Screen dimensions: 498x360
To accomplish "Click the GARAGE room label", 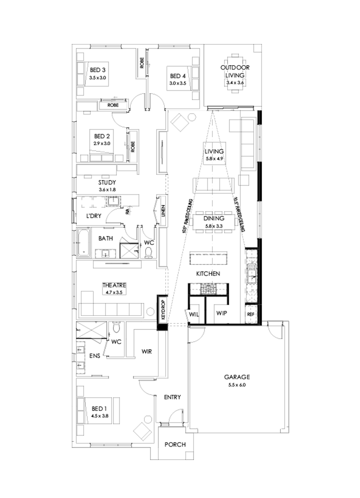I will [x=237, y=376].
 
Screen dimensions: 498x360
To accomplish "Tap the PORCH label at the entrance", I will [x=176, y=444].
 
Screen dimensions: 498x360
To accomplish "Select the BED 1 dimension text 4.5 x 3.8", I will [x=100, y=416].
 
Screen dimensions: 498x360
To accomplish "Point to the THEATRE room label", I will [x=114, y=285].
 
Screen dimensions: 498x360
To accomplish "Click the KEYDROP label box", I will [x=162, y=308].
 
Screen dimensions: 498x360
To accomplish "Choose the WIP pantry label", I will [x=221, y=313].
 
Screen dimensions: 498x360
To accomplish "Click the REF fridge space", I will [x=251, y=314].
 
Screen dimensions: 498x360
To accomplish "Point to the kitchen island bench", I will [x=208, y=258].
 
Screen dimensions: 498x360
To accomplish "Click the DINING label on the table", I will [x=214, y=219].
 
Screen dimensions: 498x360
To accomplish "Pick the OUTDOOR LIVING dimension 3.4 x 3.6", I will [x=235, y=83].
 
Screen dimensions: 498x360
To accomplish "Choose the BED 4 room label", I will [x=178, y=76].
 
